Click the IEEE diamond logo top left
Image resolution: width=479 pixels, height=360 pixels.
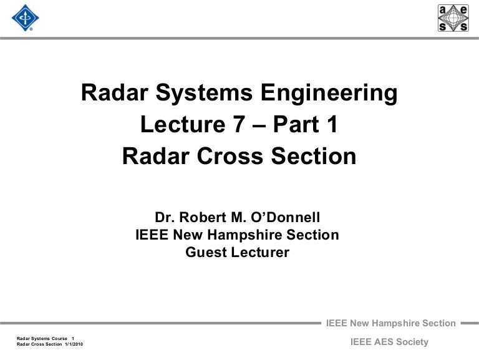coord(25,18)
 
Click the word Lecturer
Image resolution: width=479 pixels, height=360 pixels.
coord(261,253)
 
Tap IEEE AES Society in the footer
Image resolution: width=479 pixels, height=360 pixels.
coord(390,341)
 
